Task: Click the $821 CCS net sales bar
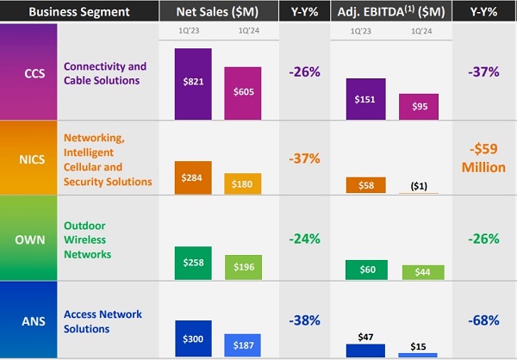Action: pos(193,84)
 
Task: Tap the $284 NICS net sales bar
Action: pos(193,177)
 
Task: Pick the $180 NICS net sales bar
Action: pos(243,183)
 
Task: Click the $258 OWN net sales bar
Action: pos(193,262)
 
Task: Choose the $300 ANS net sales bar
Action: pos(193,338)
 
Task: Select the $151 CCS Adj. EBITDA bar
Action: pos(364,98)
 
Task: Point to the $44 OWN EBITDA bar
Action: pos(422,271)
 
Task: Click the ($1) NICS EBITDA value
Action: pos(422,185)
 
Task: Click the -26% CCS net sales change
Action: pos(304,71)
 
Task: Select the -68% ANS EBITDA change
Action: pos(484,320)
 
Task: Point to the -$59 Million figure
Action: pos(484,158)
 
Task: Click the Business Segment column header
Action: pos(69,11)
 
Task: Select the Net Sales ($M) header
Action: pos(218,11)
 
